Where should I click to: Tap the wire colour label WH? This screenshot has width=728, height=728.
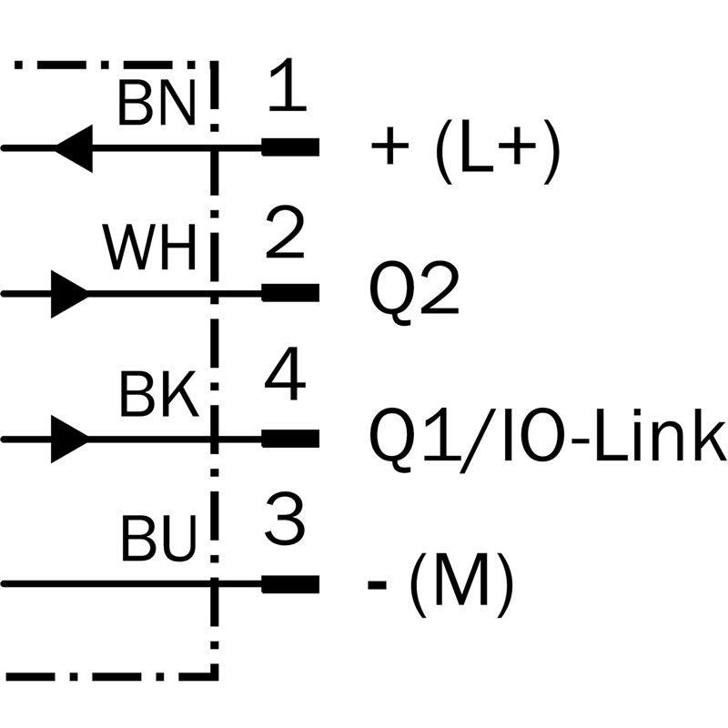[149, 248]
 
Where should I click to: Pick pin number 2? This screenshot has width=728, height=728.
[286, 238]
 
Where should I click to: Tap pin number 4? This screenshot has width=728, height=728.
[285, 380]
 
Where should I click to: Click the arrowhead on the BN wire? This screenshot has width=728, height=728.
[75, 147]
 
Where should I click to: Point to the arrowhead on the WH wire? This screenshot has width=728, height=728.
[69, 294]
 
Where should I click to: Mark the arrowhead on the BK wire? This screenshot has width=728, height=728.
[69, 439]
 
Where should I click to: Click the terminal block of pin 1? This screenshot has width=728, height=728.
[290, 147]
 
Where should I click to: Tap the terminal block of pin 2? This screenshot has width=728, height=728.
[290, 293]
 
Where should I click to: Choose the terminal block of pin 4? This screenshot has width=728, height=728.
[290, 439]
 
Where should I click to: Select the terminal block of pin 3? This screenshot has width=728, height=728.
[290, 583]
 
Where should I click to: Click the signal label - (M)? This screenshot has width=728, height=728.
[440, 583]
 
